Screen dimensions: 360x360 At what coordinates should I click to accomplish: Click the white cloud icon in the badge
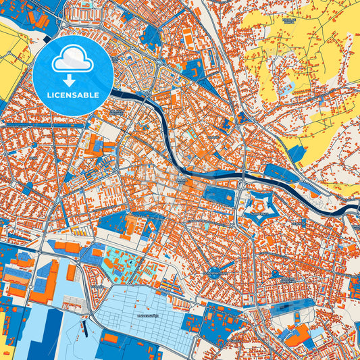[73, 60]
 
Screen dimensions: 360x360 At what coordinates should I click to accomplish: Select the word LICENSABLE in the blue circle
[73, 95]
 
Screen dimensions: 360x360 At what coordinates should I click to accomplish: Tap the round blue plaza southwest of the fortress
[215, 273]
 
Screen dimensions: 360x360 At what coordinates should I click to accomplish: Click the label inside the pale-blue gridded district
[147, 315]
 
